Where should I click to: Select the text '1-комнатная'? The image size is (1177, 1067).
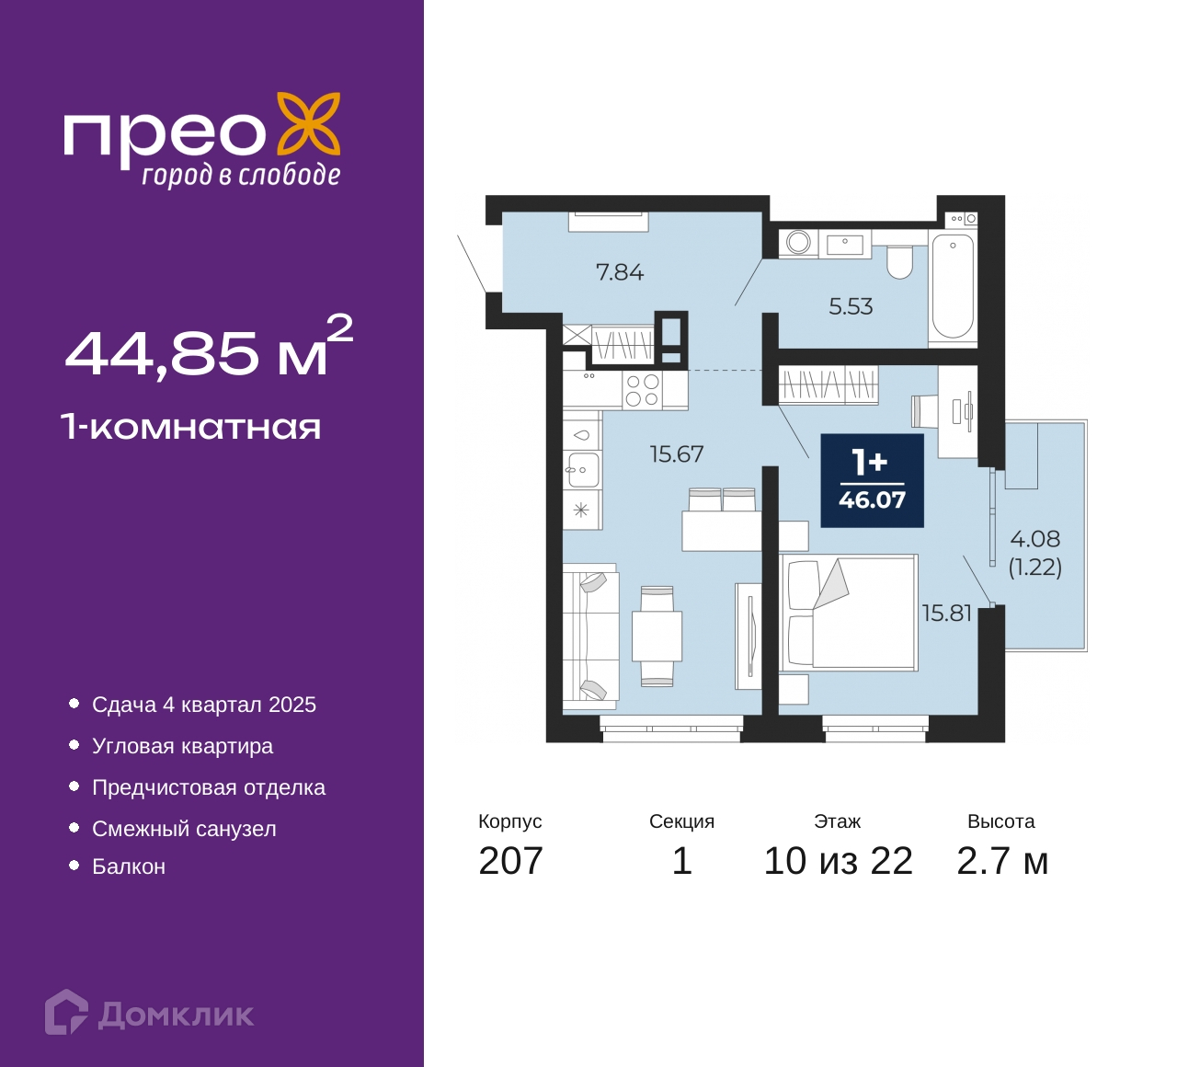coord(191,428)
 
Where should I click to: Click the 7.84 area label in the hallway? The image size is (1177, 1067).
coord(620,272)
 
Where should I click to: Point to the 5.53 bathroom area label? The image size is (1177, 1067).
coord(851,306)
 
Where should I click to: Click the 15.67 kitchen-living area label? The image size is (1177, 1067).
coord(677,453)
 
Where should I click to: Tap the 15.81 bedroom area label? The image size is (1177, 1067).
coord(946,614)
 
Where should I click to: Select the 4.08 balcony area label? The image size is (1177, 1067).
coord(1035,538)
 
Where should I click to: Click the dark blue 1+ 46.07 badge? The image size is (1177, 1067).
coord(872,481)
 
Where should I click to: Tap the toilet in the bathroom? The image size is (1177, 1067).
coord(899,262)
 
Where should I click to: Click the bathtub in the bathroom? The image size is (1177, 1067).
coord(953,288)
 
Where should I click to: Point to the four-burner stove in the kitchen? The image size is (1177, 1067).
coord(642,390)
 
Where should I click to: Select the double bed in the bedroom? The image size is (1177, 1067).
coord(849,612)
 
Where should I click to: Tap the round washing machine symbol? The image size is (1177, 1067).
coord(798,242)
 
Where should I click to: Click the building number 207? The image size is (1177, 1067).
coord(510,860)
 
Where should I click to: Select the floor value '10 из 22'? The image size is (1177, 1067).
coord(838,860)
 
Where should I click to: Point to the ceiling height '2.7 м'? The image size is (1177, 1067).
coord(1002,860)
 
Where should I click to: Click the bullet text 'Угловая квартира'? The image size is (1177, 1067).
coord(182,746)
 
